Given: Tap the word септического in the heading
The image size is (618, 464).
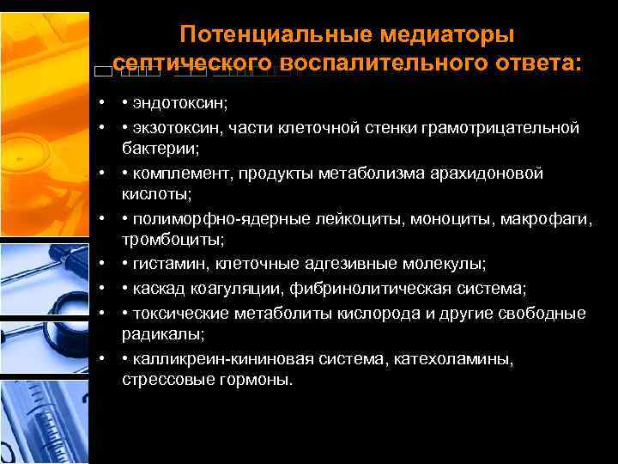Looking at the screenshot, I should click(191, 63).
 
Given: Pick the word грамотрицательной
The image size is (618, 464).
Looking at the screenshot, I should click(500, 128).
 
